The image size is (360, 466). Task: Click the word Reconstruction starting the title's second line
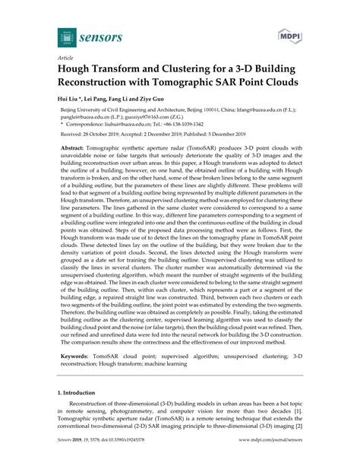(x=103, y=81)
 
